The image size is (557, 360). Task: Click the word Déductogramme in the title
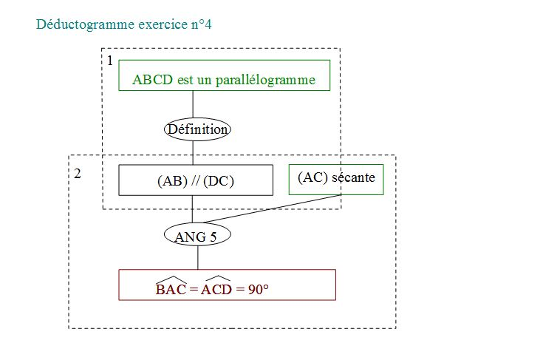(x=85, y=24)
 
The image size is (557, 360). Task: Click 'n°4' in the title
(x=202, y=24)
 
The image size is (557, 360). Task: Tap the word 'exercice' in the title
(x=163, y=24)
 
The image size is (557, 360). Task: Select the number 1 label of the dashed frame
(x=110, y=61)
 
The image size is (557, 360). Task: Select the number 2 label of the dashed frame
(x=78, y=174)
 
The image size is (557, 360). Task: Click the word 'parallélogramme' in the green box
(x=265, y=80)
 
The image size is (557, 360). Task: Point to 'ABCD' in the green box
(x=153, y=79)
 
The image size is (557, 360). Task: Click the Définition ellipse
(x=197, y=129)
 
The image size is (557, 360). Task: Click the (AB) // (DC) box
(x=196, y=180)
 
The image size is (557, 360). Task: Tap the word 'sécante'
(x=353, y=177)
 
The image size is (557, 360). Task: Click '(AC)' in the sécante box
(x=312, y=177)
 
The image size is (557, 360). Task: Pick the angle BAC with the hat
(x=171, y=286)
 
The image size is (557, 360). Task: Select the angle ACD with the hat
(x=216, y=286)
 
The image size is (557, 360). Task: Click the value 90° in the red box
(x=258, y=290)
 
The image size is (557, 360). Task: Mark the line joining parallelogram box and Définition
(x=193, y=104)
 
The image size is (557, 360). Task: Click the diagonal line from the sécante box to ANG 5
(x=273, y=209)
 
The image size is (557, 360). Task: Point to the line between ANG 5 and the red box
(x=198, y=258)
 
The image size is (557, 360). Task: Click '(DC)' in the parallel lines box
(x=219, y=181)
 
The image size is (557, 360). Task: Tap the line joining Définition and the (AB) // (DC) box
(x=193, y=153)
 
